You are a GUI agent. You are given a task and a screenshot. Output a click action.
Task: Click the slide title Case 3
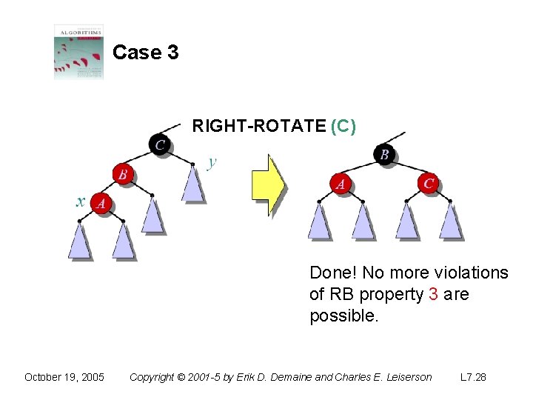click(145, 53)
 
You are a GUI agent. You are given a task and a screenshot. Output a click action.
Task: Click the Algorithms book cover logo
click(78, 52)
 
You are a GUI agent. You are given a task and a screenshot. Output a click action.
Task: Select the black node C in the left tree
click(159, 144)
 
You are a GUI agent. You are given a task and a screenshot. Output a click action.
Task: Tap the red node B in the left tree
click(123, 174)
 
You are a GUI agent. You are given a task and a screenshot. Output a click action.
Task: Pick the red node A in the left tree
click(101, 202)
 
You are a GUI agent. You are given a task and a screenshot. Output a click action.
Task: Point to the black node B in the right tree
click(384, 154)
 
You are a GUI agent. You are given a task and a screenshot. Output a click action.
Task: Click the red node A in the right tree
click(341, 184)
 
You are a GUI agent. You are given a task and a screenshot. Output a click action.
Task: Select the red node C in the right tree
click(429, 183)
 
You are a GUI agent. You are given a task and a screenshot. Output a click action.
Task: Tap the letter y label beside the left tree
click(212, 161)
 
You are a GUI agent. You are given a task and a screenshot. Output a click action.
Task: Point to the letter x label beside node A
click(81, 201)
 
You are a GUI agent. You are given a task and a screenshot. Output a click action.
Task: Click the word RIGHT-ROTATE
click(258, 127)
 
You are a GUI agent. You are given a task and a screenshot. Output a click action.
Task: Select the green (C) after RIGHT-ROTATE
click(343, 127)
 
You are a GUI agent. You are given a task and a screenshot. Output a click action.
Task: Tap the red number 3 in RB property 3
click(432, 294)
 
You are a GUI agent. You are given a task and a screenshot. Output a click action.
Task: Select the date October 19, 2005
click(64, 377)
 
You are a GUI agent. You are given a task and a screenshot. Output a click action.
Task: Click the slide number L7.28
click(473, 377)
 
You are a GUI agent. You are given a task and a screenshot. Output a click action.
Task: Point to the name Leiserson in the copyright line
click(404, 377)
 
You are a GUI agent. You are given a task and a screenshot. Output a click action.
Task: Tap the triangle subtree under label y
click(192, 184)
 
